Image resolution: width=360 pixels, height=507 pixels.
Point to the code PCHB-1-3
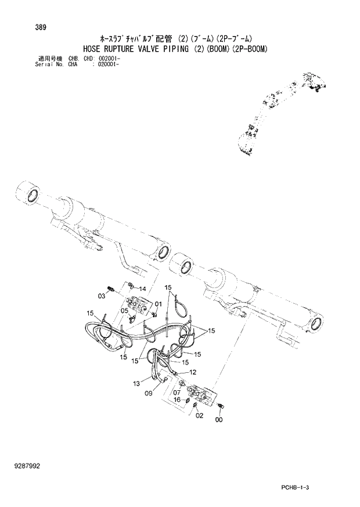coord(308,486)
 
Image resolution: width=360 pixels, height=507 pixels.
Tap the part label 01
coord(158,304)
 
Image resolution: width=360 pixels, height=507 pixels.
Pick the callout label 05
coord(124,311)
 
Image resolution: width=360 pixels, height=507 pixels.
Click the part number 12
coord(192,372)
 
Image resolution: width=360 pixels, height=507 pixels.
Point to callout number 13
coord(136,383)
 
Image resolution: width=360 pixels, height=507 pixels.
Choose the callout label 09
coord(149,394)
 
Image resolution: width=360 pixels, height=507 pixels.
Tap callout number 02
coord(199,415)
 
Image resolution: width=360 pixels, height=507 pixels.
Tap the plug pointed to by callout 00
coord(224,405)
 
